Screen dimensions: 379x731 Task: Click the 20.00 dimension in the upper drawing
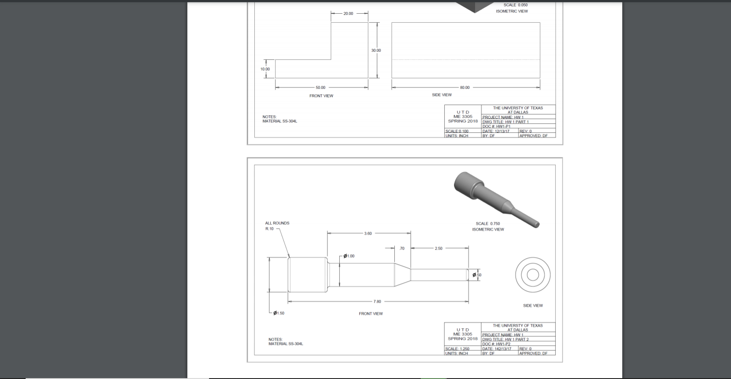coord(348,14)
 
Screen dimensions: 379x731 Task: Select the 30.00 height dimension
coord(376,50)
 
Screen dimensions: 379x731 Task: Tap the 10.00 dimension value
coord(265,69)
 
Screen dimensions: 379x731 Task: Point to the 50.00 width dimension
coord(320,87)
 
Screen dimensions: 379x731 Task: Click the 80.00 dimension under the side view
coord(465,87)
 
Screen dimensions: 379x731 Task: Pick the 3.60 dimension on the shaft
coord(368,233)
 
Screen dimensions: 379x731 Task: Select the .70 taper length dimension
coord(402,248)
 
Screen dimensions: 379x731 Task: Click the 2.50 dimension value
coord(439,248)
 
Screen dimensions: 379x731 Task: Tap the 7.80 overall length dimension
coord(377,302)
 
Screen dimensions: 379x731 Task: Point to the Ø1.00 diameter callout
coord(349,256)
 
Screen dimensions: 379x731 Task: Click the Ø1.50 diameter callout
coord(279,313)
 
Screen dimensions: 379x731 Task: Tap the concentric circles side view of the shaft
coord(533,275)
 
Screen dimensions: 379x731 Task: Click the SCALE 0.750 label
coord(488,224)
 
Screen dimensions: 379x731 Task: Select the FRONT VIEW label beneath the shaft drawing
coord(370,314)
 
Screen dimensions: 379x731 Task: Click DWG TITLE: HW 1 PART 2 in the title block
coord(506,339)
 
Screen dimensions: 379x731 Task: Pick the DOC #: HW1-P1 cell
coord(497,126)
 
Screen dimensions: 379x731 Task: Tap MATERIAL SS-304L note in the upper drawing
coord(280,121)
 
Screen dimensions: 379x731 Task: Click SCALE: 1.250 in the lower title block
coord(457,349)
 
